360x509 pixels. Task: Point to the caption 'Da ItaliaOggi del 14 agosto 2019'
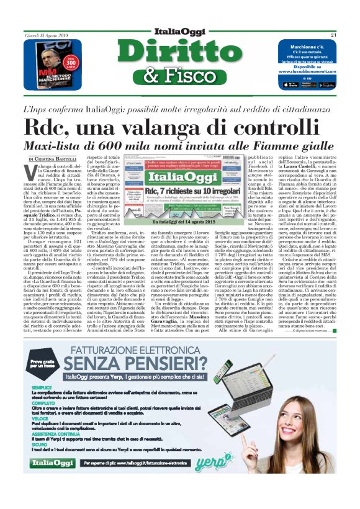[182, 221]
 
